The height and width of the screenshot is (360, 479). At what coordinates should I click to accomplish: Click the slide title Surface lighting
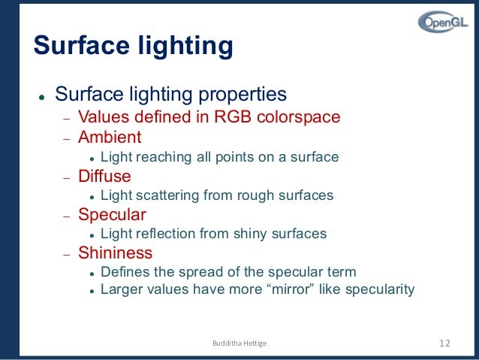click(x=133, y=46)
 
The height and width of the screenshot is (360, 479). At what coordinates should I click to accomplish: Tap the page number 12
click(x=444, y=343)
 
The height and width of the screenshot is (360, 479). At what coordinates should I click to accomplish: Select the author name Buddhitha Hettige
click(x=239, y=343)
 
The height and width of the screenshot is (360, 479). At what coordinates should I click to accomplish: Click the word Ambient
click(x=110, y=138)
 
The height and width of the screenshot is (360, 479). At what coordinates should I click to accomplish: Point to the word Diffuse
click(x=104, y=176)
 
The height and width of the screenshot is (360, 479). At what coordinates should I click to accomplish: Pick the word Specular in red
click(x=112, y=214)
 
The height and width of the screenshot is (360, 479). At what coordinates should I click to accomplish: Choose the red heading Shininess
click(x=115, y=253)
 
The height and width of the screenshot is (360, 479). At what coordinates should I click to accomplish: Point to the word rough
click(x=239, y=195)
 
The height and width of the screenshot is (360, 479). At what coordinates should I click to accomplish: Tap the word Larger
click(x=120, y=289)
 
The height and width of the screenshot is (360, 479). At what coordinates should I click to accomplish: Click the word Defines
click(x=124, y=271)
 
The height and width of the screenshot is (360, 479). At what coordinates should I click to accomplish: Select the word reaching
click(x=158, y=157)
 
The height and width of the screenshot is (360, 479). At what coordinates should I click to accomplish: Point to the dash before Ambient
click(x=65, y=139)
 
